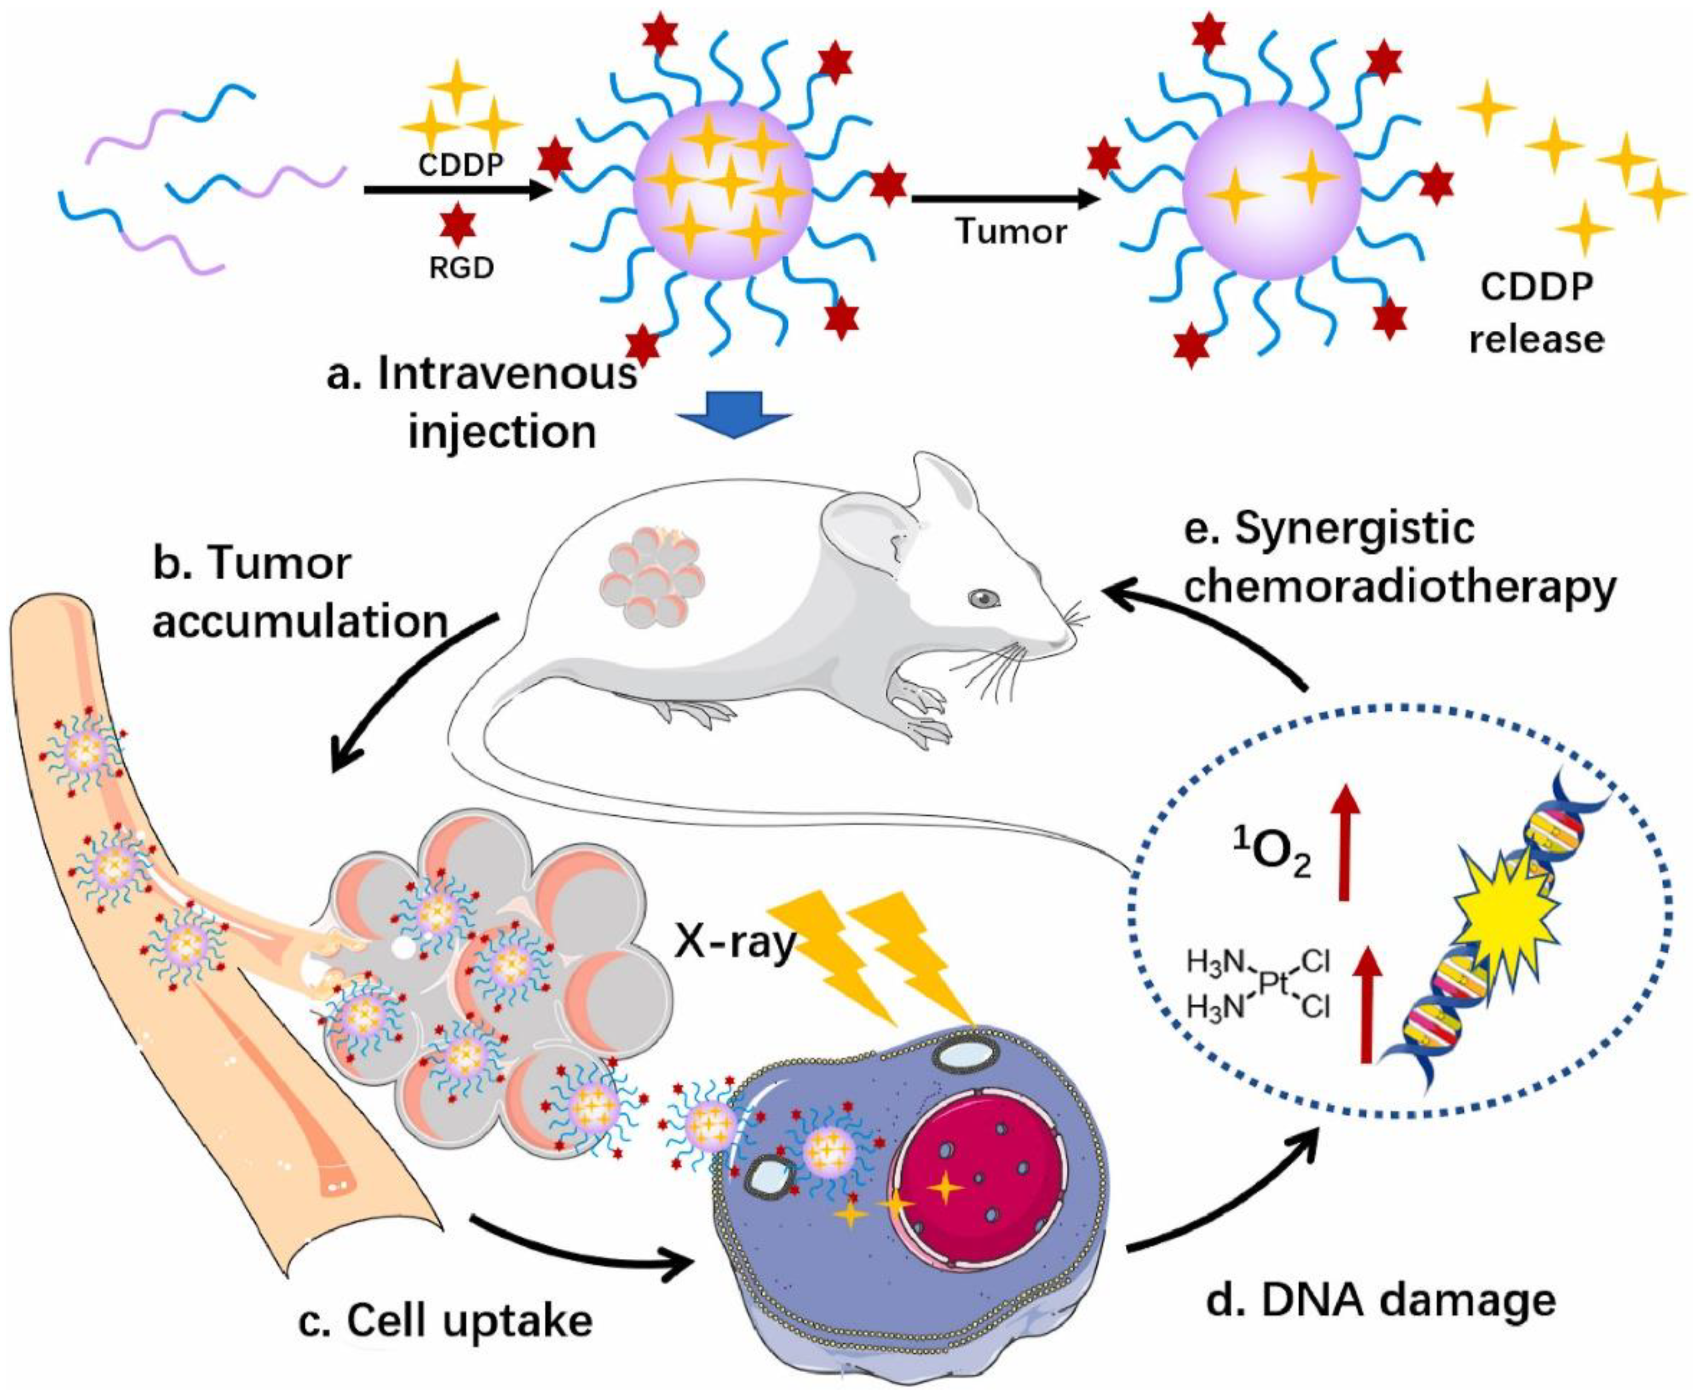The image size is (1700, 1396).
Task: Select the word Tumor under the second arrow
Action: click(1011, 232)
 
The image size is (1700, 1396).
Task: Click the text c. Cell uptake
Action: click(446, 1319)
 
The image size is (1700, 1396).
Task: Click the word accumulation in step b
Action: click(300, 621)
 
